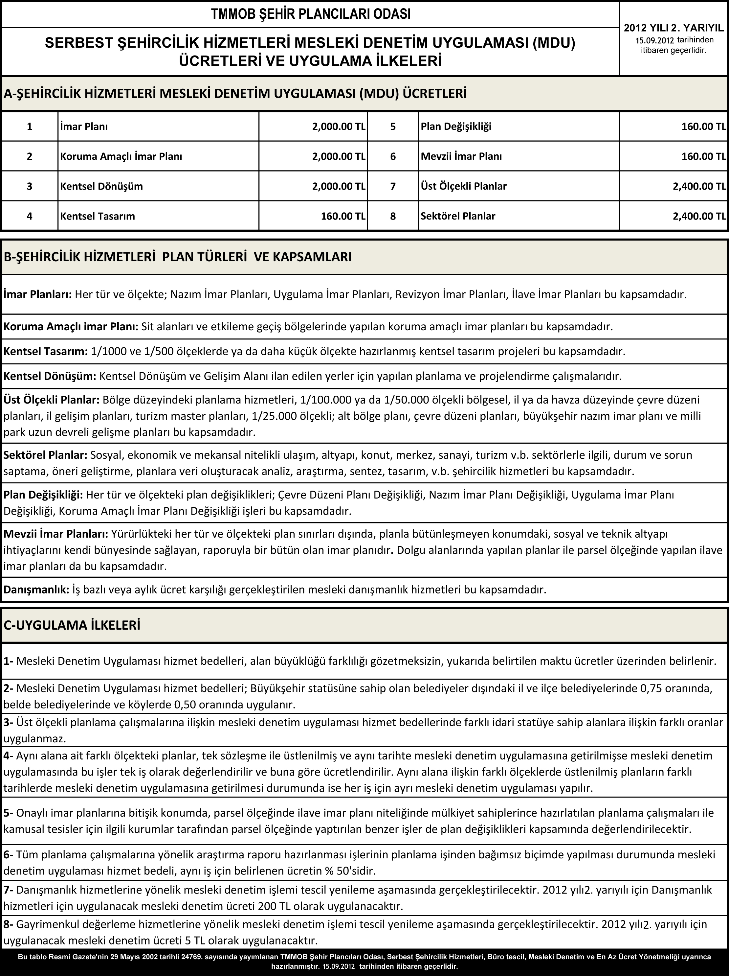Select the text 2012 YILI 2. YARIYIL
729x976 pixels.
click(x=674, y=28)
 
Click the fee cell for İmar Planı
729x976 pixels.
click(x=339, y=127)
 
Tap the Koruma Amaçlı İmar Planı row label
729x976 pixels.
click(x=121, y=156)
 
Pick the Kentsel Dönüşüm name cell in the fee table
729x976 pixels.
click(x=101, y=186)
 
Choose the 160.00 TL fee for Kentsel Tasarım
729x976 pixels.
click(x=343, y=216)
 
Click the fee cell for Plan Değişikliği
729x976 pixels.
click(x=703, y=127)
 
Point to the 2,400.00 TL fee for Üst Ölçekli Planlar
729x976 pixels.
click(x=699, y=186)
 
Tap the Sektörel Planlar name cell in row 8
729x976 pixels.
click(x=458, y=216)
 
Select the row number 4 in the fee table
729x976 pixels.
click(x=29, y=216)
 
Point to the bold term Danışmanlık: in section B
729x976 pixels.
click(x=36, y=590)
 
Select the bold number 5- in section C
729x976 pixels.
click(x=9, y=813)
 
